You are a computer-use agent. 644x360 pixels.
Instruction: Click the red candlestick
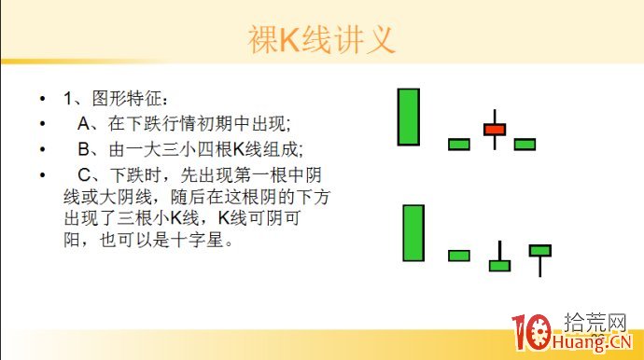click(495, 129)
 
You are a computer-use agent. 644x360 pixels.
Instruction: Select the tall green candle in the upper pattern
click(408, 117)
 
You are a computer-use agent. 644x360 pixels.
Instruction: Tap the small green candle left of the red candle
click(459, 144)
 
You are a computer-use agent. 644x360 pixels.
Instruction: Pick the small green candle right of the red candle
click(525, 144)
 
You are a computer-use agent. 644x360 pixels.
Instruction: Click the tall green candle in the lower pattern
click(413, 232)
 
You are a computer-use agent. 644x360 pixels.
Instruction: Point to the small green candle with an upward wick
click(500, 265)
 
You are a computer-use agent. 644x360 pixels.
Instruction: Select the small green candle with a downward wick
click(540, 250)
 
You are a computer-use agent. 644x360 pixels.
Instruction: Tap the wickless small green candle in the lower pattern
click(459, 256)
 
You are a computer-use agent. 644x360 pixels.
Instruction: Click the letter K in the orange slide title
click(289, 39)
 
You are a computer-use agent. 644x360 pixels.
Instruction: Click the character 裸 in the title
click(264, 39)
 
